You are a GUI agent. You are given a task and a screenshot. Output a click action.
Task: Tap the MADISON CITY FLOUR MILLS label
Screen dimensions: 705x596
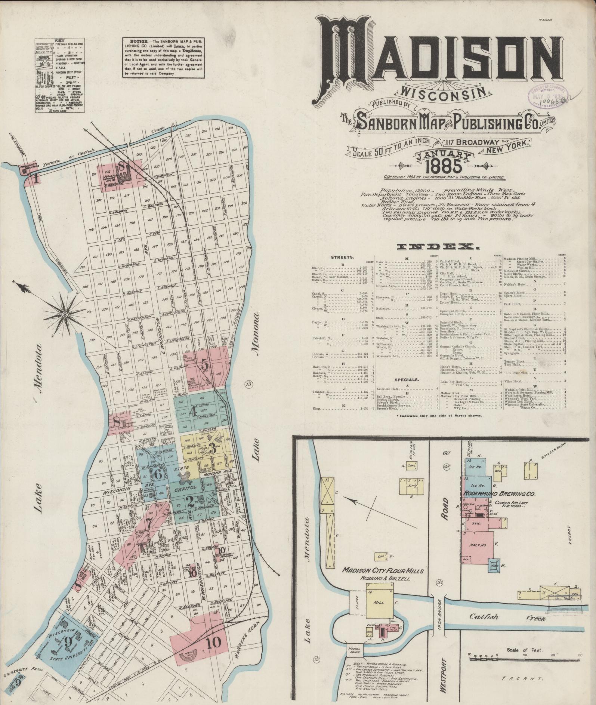tap(383, 571)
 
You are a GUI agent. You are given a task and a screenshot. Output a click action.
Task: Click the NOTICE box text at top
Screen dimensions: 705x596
tap(164, 57)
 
